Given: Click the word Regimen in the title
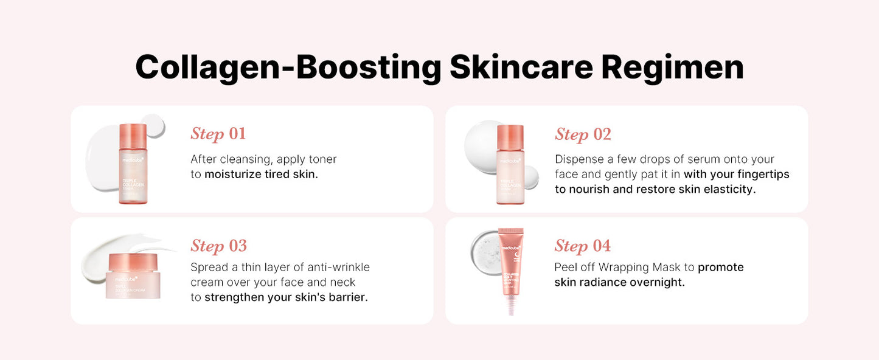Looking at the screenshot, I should (x=672, y=67).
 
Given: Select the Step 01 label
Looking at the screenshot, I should (x=218, y=134).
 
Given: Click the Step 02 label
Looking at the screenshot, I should (x=583, y=134).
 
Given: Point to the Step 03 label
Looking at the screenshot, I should (x=218, y=246).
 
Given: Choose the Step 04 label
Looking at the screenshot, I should (x=582, y=246).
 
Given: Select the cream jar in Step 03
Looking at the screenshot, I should (x=133, y=277).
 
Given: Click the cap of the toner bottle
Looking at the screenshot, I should (x=133, y=134).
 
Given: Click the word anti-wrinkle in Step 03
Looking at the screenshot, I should (x=338, y=268).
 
